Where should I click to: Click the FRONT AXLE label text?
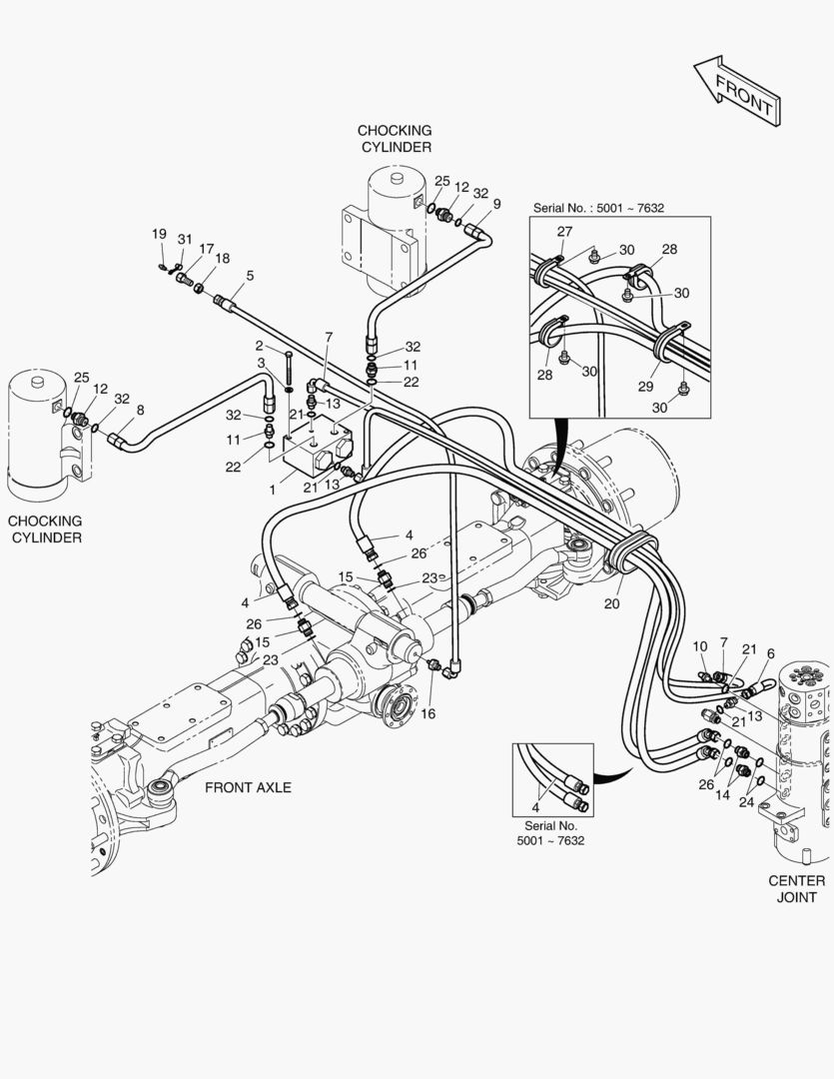248,787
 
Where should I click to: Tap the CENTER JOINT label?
796,888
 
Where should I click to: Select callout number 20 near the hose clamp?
612,603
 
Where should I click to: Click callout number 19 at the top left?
159,234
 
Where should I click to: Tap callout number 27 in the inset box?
564,232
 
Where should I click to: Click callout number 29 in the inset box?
647,387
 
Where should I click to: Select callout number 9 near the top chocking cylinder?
496,204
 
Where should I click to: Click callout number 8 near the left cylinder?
140,409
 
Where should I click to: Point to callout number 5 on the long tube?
250,275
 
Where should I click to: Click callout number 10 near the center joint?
699,648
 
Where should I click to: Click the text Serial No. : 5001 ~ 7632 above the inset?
598,209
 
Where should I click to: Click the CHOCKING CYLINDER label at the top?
395,139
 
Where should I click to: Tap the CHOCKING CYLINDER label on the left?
45,529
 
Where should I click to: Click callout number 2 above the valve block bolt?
258,346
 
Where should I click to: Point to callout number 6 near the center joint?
770,653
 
